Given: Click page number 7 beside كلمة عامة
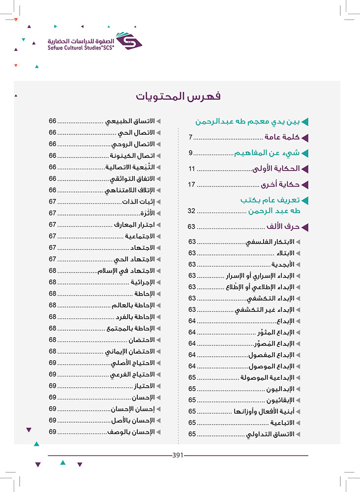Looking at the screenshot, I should click(191, 137).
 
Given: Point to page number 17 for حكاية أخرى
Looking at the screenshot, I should click(192, 184).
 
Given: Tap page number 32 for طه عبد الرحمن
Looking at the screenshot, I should click(192, 211).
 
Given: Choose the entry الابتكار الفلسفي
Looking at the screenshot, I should click(270, 242).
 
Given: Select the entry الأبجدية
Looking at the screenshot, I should click(283, 265).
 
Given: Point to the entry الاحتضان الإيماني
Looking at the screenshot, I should click(131, 351).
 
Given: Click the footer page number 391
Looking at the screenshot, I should click(178, 455).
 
